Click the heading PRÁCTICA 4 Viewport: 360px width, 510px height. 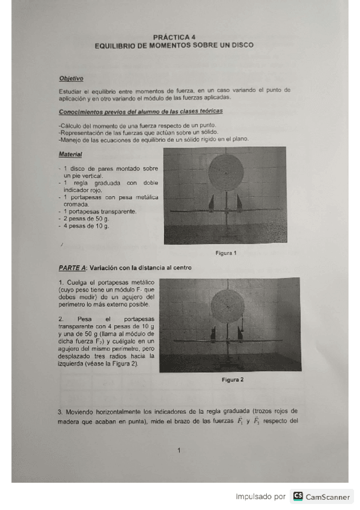(x=174, y=37)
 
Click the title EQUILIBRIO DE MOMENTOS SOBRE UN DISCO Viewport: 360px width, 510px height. (x=174, y=45)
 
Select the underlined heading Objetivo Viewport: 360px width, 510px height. (x=71, y=78)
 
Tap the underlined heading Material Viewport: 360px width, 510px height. (x=70, y=154)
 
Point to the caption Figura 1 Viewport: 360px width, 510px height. (x=226, y=253)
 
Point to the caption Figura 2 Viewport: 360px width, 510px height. (x=233, y=380)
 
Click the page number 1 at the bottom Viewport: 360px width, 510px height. (x=179, y=450)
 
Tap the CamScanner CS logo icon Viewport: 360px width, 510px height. (x=297, y=497)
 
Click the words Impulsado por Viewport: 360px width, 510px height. (x=260, y=497)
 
